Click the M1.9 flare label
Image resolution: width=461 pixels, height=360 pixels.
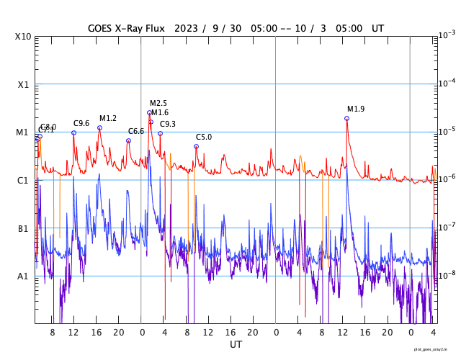tap(356, 109)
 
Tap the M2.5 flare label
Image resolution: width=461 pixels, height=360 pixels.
tap(158, 104)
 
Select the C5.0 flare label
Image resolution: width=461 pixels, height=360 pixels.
tap(204, 138)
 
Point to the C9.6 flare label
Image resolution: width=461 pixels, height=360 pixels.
tap(81, 124)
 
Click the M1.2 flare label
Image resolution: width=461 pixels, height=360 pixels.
tap(108, 119)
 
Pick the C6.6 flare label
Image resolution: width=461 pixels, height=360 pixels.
tap(136, 132)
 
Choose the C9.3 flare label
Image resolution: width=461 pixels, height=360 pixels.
tap(168, 125)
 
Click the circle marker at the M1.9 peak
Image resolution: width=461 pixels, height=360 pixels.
tap(346, 118)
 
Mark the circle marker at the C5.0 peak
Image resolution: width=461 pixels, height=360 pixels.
tap(196, 146)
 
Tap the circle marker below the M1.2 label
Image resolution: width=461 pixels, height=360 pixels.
tap(99, 127)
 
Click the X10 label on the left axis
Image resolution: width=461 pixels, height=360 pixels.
tap(23, 37)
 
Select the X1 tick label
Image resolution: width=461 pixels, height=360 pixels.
tap(23, 85)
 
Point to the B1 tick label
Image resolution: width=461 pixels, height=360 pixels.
tap(23, 229)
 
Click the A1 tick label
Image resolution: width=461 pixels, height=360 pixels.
tap(23, 276)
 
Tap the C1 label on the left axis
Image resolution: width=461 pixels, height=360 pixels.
tap(23, 181)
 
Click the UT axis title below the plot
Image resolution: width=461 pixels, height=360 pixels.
tap(236, 345)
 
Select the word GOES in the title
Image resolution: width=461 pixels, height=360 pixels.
tap(101, 28)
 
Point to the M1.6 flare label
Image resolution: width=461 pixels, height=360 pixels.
tap(160, 113)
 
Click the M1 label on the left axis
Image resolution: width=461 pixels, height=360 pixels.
tap(23, 132)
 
